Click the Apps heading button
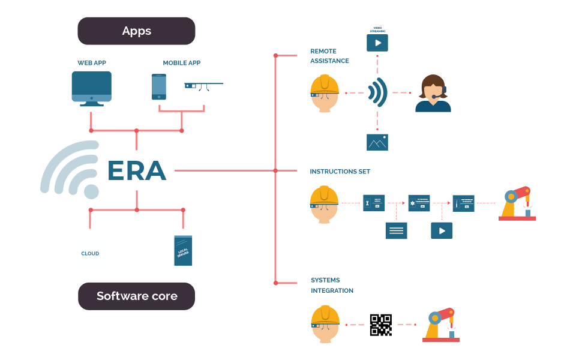point(136,31)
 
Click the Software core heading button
point(137,296)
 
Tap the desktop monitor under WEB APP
point(91,88)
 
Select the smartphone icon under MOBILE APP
point(159,87)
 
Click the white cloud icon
point(90,252)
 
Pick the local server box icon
point(183,250)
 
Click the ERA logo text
point(136,171)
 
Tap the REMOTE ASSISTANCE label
point(329,56)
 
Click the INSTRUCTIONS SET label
point(340,172)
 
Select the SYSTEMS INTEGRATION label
point(332,286)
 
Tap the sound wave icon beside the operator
point(377,93)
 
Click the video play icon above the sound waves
point(377,43)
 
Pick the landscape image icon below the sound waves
point(377,142)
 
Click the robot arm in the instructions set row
point(517,203)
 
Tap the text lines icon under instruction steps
point(396,230)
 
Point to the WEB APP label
point(91,63)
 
